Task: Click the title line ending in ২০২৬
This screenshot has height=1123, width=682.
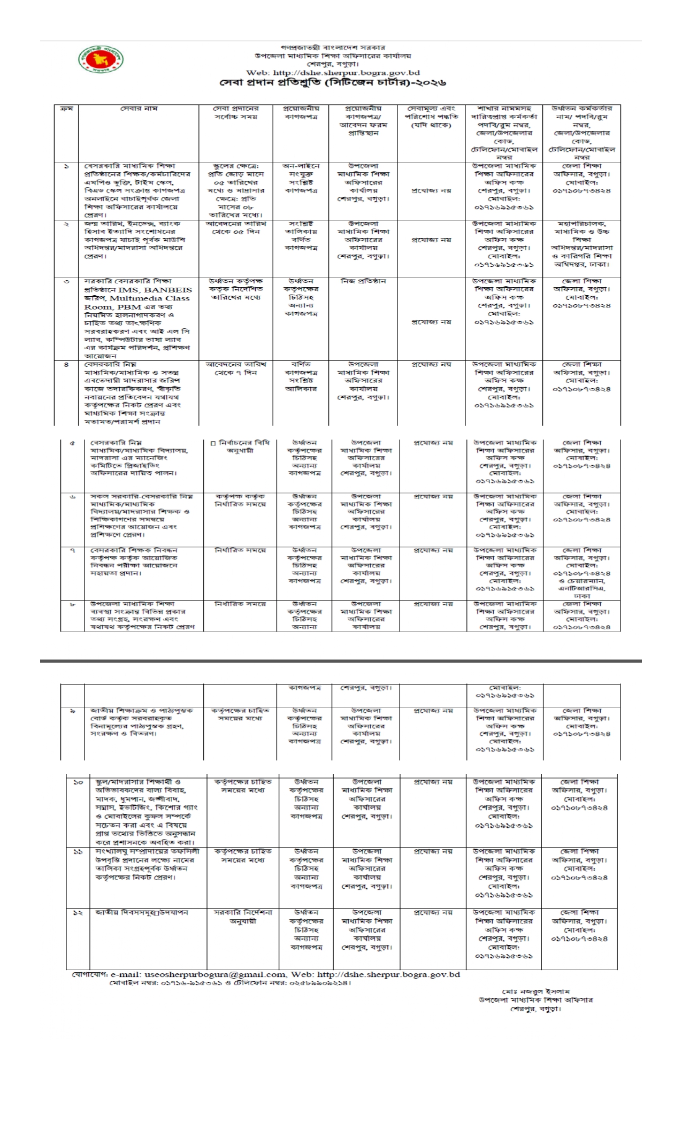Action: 333,83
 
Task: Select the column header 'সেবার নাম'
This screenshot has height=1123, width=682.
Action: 139,109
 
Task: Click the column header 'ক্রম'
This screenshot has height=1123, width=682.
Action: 66,109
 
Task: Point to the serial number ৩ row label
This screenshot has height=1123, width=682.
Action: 66,281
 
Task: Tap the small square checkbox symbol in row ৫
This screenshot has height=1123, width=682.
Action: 213,443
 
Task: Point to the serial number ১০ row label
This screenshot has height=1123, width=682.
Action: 78,782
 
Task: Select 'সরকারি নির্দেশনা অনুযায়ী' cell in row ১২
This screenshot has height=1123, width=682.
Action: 243,917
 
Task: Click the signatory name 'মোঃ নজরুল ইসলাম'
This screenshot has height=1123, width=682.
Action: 535,991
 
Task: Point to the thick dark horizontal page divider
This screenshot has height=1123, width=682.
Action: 341,662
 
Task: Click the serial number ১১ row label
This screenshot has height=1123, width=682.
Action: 78,851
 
